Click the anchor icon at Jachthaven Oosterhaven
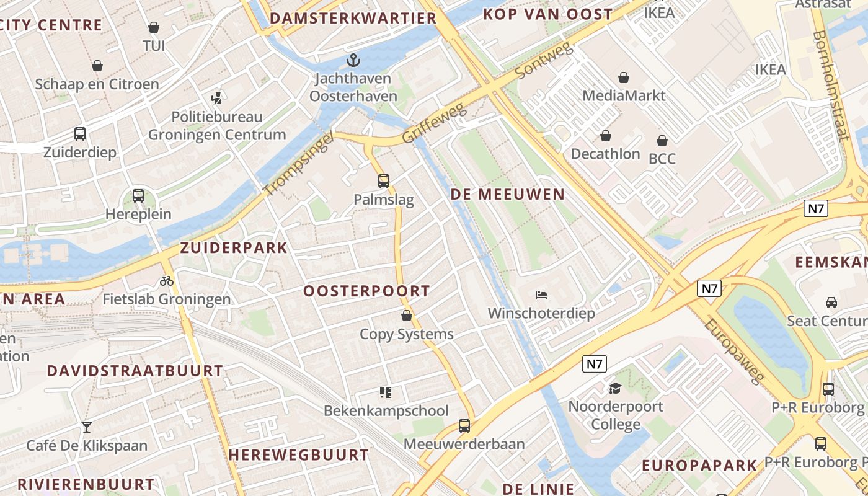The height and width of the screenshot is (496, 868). (353, 60)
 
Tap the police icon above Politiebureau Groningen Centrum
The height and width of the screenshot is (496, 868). (216, 98)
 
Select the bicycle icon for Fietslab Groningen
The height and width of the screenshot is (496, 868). (166, 281)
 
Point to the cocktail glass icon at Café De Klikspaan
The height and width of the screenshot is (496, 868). (87, 427)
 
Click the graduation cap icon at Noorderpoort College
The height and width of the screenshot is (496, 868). (615, 388)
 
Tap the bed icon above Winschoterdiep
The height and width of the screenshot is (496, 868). (541, 294)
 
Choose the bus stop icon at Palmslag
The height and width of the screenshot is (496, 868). (384, 181)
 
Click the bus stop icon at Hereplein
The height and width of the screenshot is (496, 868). (138, 196)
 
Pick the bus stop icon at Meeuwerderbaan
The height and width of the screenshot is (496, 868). (464, 426)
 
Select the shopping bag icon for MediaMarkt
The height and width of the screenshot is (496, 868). (624, 77)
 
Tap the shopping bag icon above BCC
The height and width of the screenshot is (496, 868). (662, 141)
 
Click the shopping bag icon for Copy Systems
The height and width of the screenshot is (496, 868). (407, 316)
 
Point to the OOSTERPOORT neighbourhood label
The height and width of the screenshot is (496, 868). (366, 291)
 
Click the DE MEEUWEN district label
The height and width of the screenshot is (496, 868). (508, 194)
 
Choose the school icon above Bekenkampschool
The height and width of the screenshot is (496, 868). (386, 392)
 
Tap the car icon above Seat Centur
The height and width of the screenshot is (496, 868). (831, 303)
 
